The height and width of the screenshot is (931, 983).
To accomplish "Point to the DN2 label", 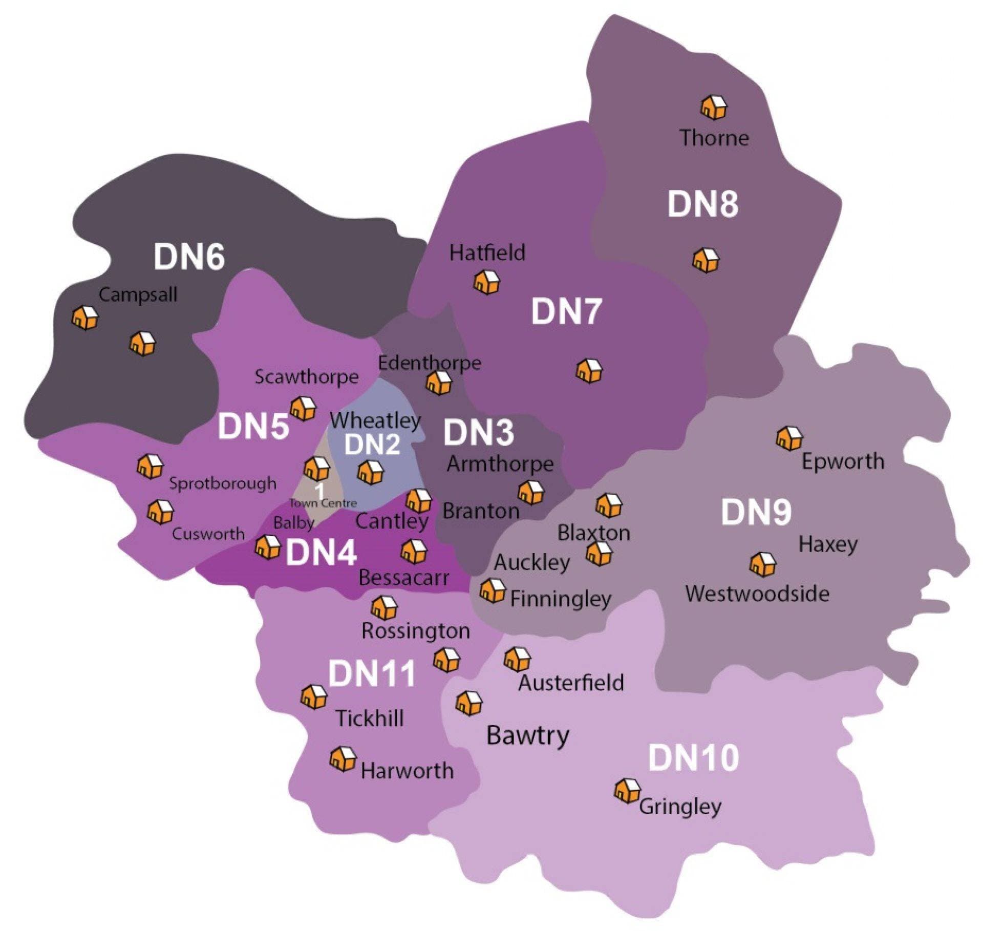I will [x=372, y=445].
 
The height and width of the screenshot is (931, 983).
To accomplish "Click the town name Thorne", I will [x=714, y=138].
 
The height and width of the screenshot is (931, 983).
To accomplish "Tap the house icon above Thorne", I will [x=714, y=107].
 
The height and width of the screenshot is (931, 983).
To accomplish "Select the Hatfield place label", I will [x=487, y=253].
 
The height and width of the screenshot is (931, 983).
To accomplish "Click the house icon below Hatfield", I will [x=486, y=282].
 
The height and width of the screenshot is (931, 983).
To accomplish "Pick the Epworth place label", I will [x=843, y=461].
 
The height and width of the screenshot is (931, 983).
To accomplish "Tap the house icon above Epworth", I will [x=789, y=438].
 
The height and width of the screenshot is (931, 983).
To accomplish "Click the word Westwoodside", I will [x=757, y=594].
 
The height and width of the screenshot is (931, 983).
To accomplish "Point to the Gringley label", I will [x=680, y=807].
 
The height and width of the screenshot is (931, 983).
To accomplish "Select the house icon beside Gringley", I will [x=627, y=791].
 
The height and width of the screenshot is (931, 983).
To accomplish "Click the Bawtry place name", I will [x=528, y=736].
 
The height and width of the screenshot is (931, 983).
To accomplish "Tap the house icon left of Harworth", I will [x=343, y=759].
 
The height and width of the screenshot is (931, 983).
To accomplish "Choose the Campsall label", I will [x=138, y=295].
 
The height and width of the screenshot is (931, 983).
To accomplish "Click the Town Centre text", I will [x=323, y=503].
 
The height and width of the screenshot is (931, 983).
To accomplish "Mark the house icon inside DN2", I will [x=370, y=472].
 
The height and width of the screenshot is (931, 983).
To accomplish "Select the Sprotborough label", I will [x=223, y=483].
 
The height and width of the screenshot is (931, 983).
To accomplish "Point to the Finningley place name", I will [x=561, y=599].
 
